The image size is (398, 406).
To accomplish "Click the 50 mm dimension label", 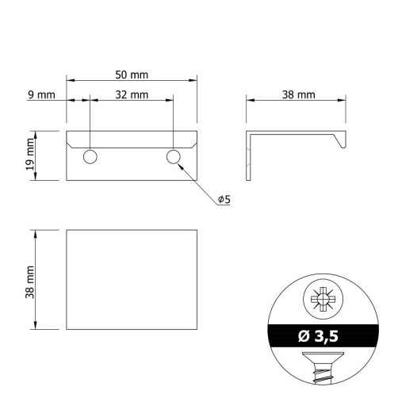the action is tap(132, 75).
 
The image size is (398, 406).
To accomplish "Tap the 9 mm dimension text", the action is tap(41, 95).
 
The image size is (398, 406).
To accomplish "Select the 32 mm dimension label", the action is tap(132, 95).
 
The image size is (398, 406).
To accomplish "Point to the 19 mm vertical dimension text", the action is tap(30, 155).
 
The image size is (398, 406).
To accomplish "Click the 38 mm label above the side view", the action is tap(299, 95).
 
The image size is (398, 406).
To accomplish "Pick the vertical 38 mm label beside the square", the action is tap(30, 282).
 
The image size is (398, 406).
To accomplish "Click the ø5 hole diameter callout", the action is tap(224, 199).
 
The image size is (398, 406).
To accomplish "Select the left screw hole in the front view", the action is tap(90, 157).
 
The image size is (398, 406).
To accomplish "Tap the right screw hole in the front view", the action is tap(174, 157).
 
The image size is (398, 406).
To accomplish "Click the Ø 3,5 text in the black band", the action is tap(318, 336).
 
